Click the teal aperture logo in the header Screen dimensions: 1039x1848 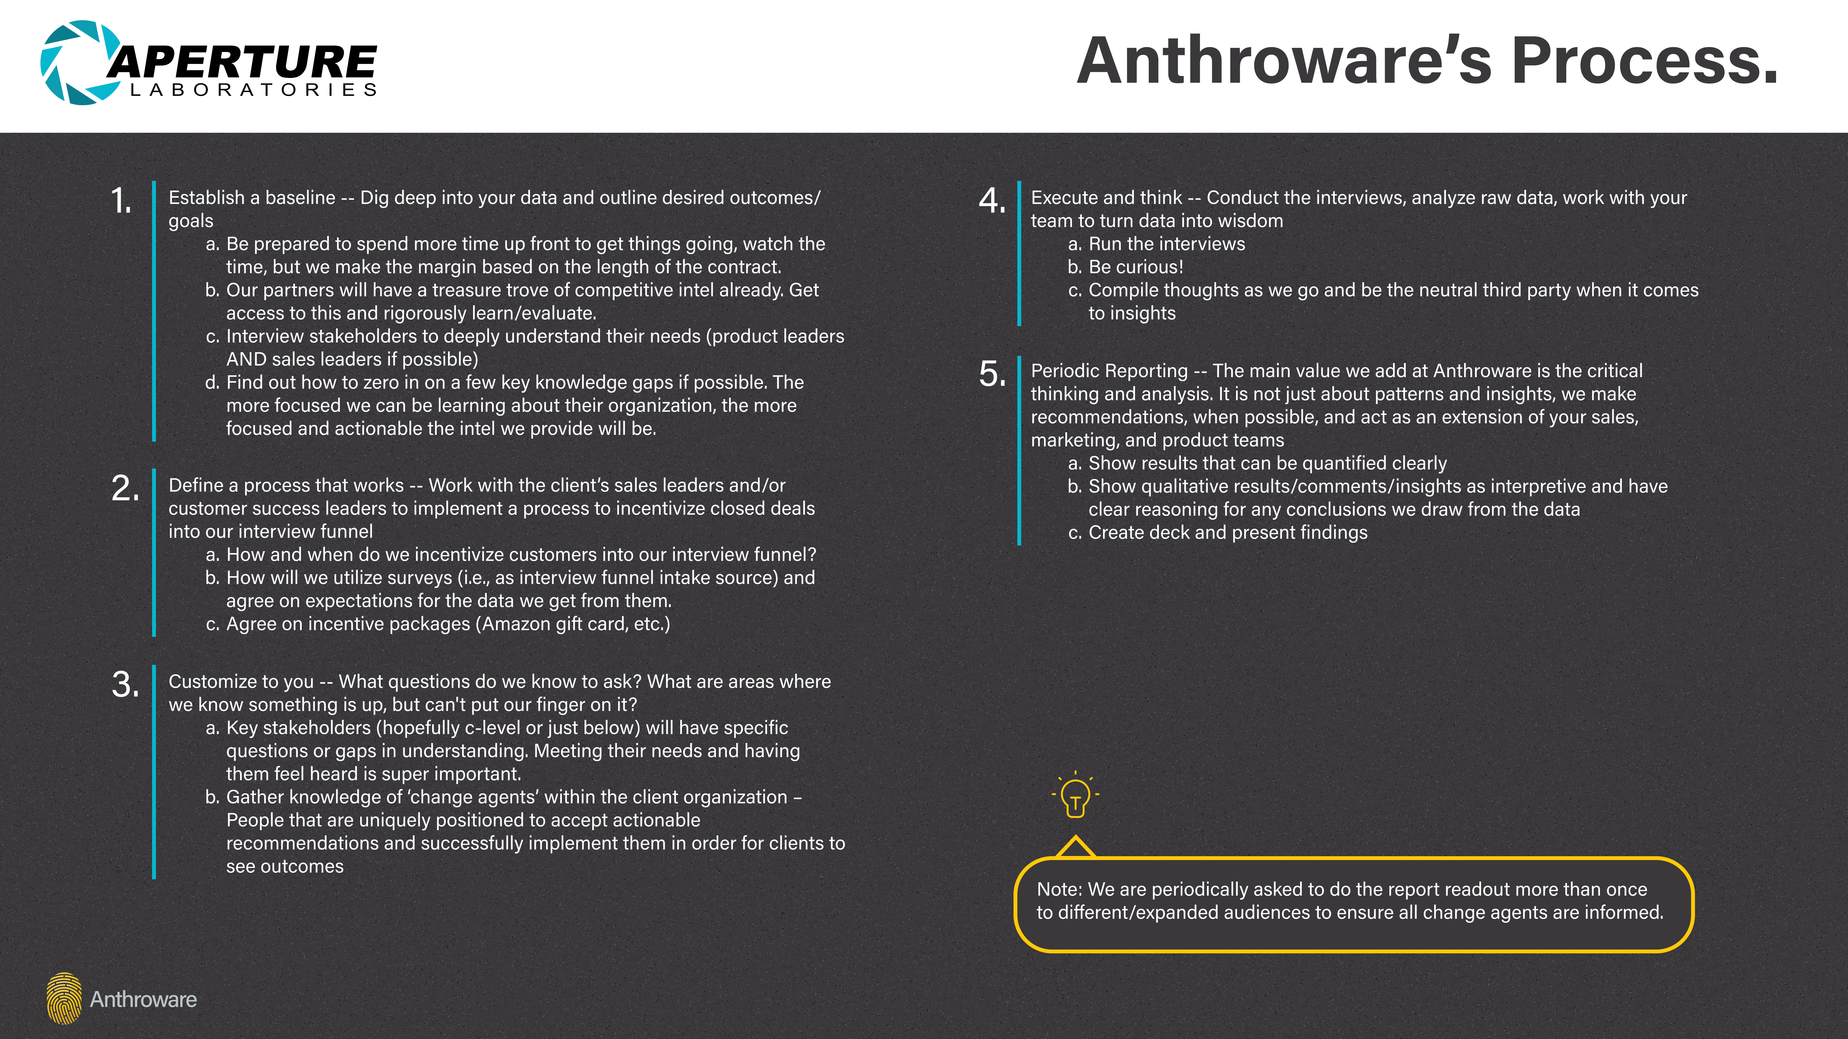pyautogui.click(x=80, y=62)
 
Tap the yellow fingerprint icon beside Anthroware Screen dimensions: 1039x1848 pyautogui.click(x=64, y=998)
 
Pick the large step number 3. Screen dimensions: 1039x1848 pyautogui.click(x=125, y=685)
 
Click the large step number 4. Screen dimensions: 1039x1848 pyautogui.click(x=992, y=201)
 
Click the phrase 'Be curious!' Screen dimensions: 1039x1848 pyautogui.click(x=1136, y=267)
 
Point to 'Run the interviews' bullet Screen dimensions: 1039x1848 pyautogui.click(x=1167, y=244)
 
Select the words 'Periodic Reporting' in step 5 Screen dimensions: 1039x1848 pyautogui.click(x=1109, y=371)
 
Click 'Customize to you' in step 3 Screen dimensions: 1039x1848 pyautogui.click(x=241, y=681)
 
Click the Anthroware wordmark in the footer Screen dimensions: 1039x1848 pyautogui.click(x=143, y=999)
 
